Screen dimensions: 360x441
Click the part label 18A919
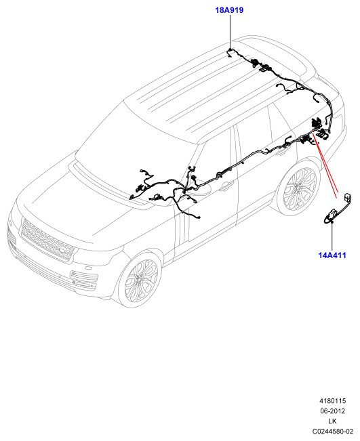click(229, 10)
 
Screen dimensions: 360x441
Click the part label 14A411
click(332, 255)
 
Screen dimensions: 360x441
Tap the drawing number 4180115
click(332, 401)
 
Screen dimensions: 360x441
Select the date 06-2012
click(332, 411)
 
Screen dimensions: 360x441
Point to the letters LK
click(332, 421)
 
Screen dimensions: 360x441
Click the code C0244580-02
click(332, 431)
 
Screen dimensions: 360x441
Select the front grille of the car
click(47, 240)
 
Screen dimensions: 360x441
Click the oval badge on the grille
click(64, 251)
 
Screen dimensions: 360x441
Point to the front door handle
click(227, 186)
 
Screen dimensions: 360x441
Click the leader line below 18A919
click(231, 32)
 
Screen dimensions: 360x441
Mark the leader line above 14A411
click(332, 236)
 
